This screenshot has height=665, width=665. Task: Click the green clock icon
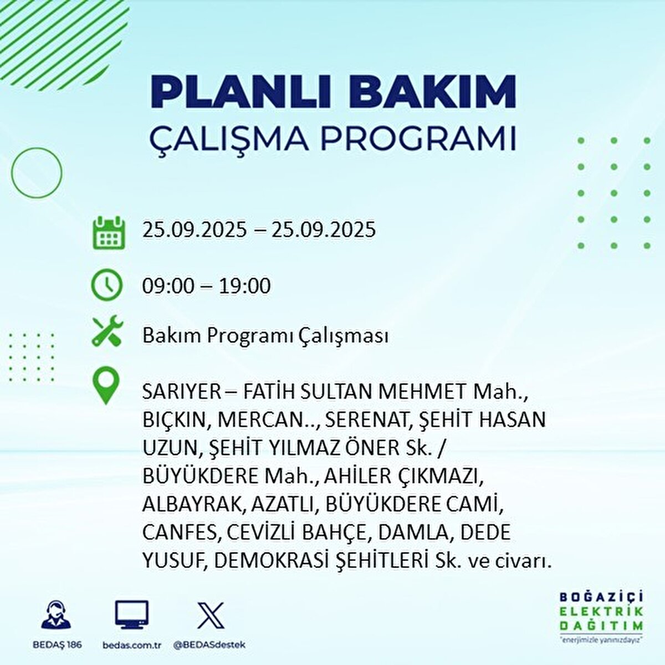click(107, 285)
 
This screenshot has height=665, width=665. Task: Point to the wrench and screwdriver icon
click(108, 331)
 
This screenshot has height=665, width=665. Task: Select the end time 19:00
click(245, 286)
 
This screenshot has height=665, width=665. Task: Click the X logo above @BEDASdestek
click(211, 615)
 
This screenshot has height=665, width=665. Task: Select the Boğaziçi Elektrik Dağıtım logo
click(601, 615)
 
